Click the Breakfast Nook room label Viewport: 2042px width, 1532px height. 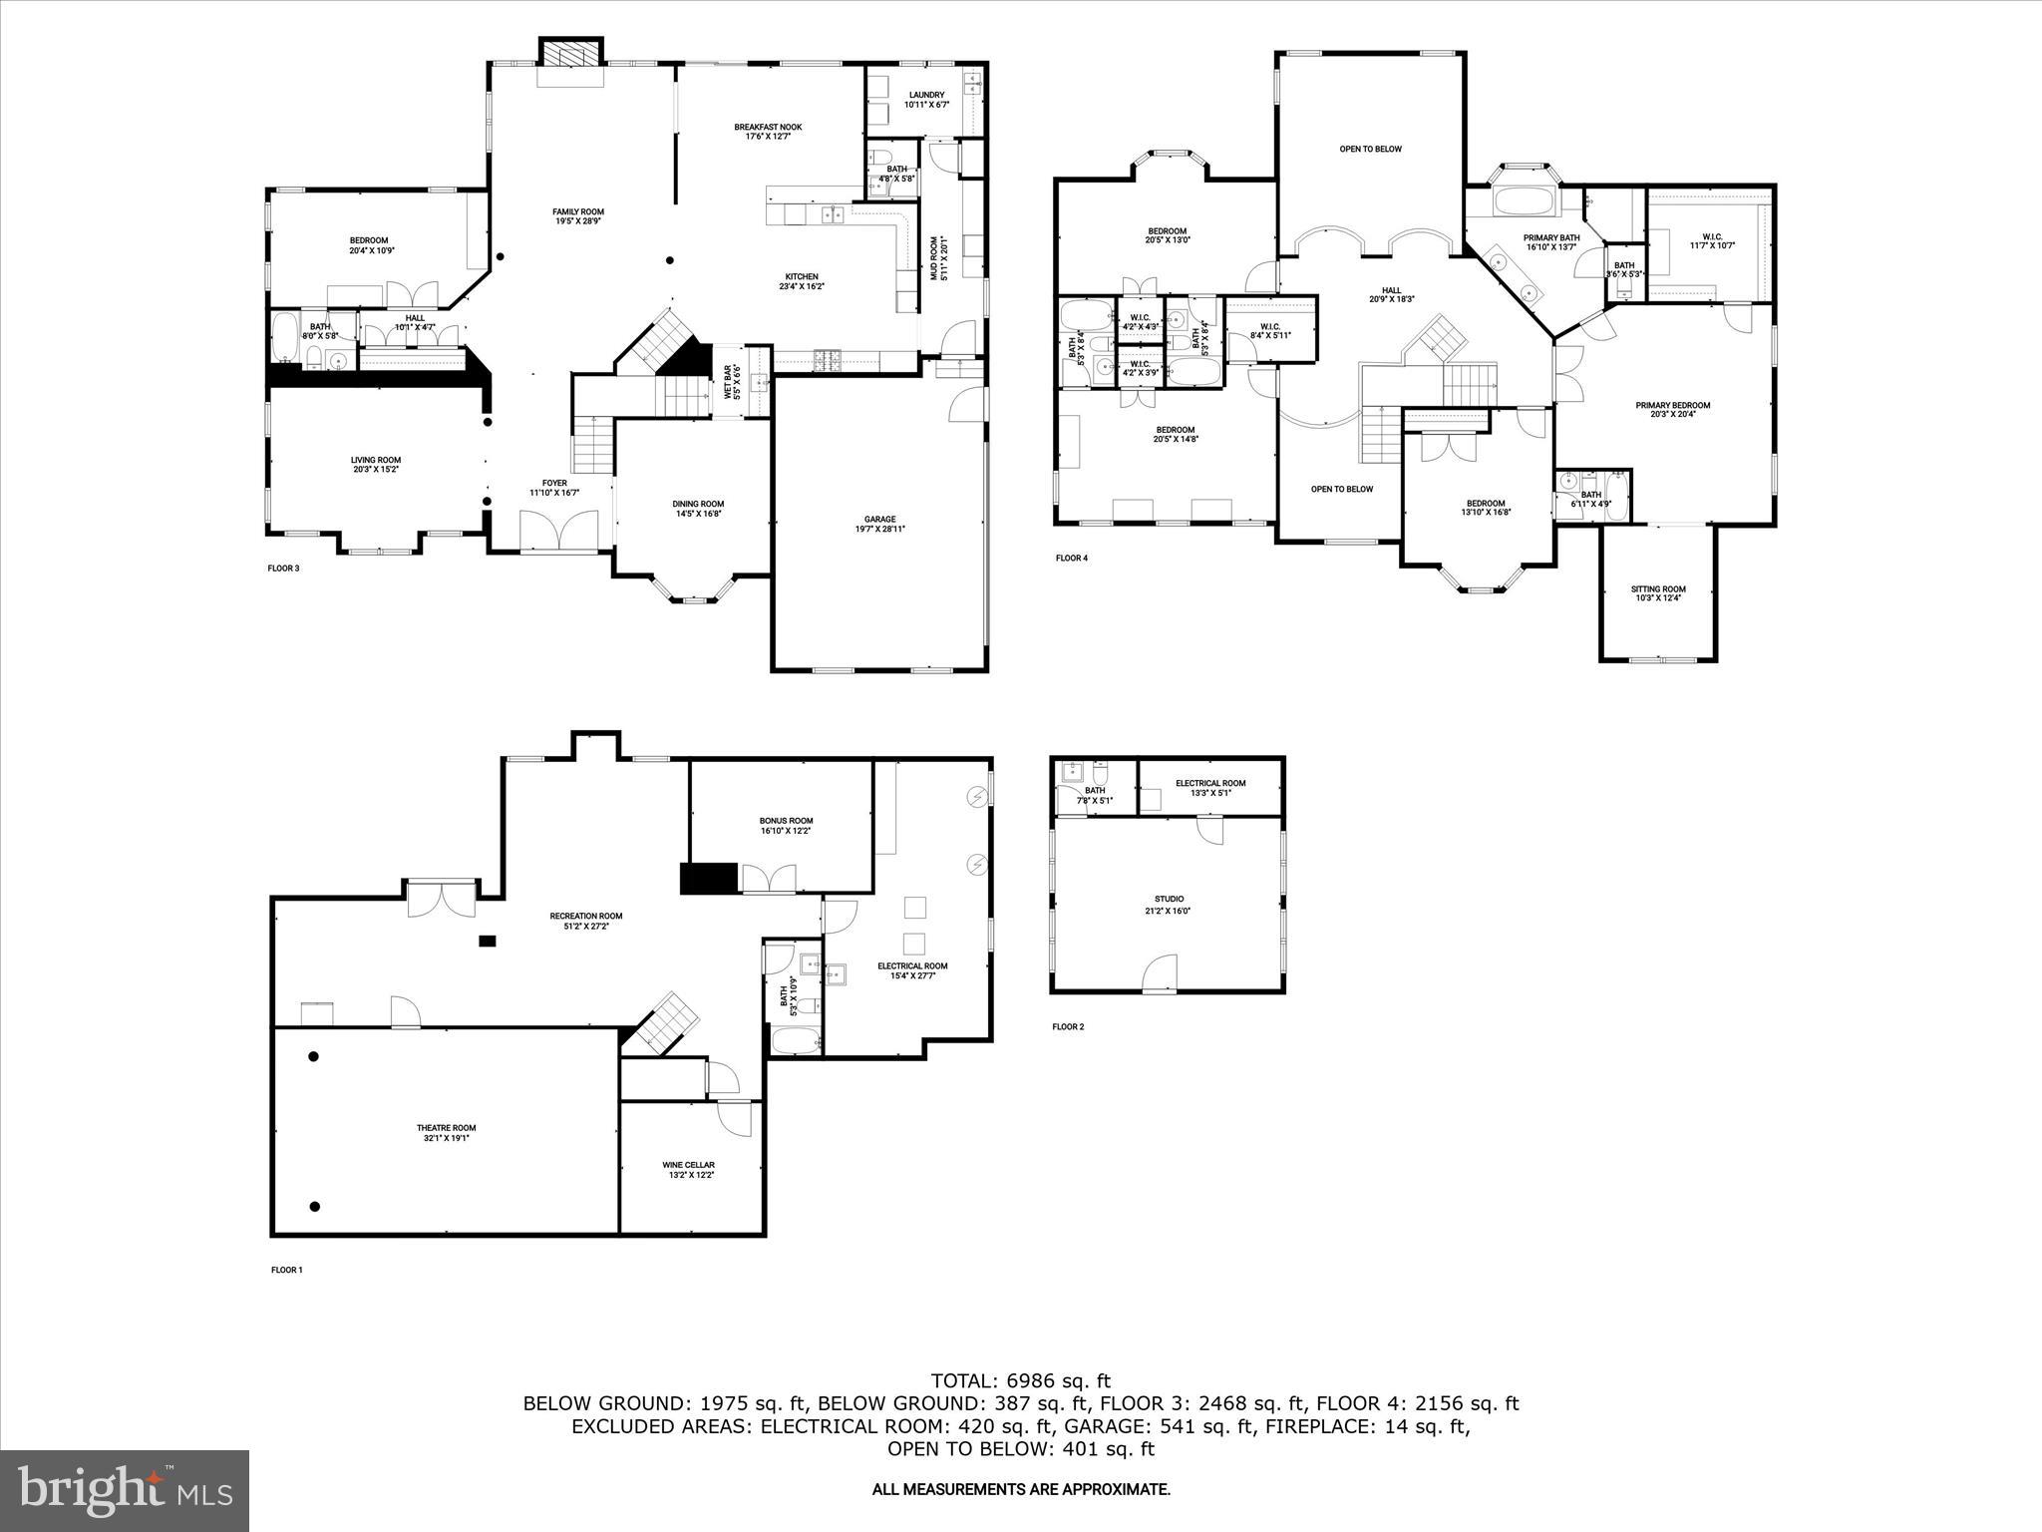(768, 128)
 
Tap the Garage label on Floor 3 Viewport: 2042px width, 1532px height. (879, 519)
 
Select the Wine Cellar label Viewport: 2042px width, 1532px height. (688, 1165)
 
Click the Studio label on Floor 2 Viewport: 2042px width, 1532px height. (1169, 899)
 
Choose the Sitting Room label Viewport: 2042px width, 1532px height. (1658, 589)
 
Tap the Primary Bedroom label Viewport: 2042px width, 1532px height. (1672, 405)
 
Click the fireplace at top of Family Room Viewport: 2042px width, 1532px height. (571, 54)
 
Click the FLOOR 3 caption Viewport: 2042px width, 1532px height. (284, 569)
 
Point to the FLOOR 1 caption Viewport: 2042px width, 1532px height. (286, 1270)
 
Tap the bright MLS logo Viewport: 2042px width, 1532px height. (125, 1491)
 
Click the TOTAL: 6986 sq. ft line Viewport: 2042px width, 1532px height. (1020, 1381)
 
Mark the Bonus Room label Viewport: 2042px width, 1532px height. (787, 821)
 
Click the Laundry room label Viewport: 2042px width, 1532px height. (926, 96)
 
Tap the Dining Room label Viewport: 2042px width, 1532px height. (698, 504)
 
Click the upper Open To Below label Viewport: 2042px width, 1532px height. (1370, 150)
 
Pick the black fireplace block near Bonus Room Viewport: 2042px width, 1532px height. (708, 878)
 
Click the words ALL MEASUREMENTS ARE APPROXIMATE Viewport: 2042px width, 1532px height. (1021, 1490)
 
